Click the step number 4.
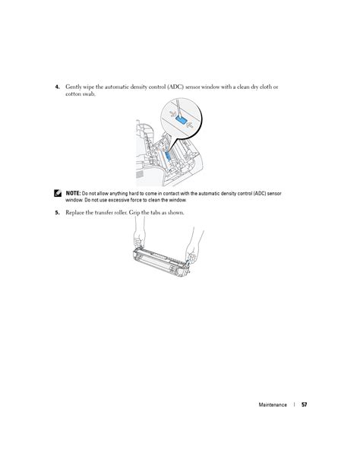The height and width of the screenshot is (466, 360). tap(57, 87)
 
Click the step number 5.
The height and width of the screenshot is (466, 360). tap(57, 213)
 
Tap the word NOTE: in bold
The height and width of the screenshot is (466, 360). tap(73, 194)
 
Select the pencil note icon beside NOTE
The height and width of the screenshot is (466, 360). tap(58, 193)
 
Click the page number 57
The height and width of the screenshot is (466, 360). tap(304, 404)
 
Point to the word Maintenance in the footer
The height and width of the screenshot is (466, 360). tap(273, 404)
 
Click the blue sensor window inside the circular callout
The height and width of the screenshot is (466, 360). tap(182, 120)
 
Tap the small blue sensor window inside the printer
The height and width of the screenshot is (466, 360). tap(168, 156)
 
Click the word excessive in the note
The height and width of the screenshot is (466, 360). tap(118, 200)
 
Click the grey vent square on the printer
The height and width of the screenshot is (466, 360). tap(140, 174)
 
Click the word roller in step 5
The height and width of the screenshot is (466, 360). tap(121, 213)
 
